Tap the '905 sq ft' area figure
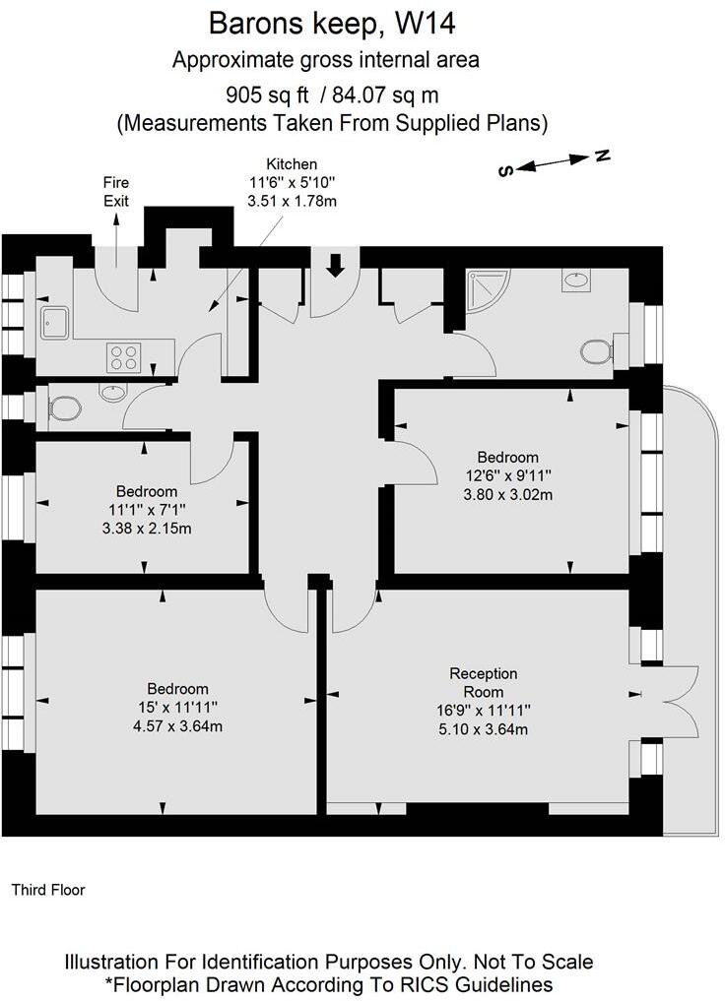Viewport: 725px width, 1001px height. pos(267,95)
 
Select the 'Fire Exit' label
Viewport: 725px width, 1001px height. pos(116,191)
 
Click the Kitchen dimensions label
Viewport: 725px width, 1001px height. pos(292,181)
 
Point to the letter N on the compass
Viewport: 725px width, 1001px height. pos(603,156)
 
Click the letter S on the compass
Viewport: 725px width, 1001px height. pos(505,170)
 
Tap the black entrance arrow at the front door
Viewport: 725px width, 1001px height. pos(334,264)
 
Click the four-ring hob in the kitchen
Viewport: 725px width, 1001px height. pos(123,356)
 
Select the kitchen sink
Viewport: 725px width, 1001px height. pos(53,320)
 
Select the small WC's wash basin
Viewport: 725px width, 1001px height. pos(113,394)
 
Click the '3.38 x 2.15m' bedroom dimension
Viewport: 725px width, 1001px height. pos(147,528)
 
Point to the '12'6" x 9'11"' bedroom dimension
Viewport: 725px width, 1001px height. pos(508,475)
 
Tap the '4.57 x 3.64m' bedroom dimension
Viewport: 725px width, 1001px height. pos(178,726)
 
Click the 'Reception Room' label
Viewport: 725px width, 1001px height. pos(483,683)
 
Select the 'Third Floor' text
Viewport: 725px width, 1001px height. pos(48,890)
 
